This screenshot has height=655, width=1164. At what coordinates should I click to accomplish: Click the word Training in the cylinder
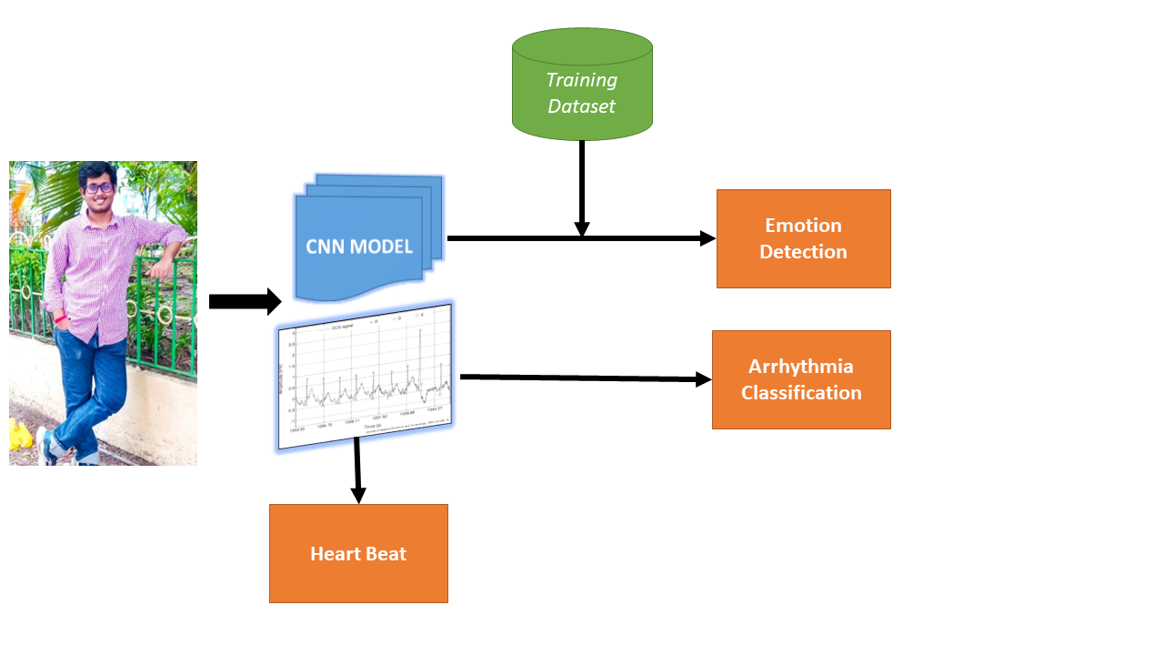click(x=582, y=80)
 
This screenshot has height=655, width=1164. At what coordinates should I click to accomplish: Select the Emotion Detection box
click(x=803, y=238)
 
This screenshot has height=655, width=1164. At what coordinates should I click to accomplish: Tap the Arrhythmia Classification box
click(x=801, y=379)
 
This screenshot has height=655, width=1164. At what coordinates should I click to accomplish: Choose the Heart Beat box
click(x=358, y=553)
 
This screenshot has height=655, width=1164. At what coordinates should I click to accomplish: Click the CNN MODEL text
click(x=359, y=246)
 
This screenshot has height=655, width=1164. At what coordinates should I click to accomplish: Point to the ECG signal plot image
click(x=366, y=376)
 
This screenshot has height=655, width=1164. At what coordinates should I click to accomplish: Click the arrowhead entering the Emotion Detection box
click(x=707, y=238)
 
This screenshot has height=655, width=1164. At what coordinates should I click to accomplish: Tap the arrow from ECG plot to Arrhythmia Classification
click(x=582, y=378)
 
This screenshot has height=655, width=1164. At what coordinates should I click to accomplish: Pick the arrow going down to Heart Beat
click(x=357, y=469)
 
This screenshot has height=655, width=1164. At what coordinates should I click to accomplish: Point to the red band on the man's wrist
click(x=61, y=320)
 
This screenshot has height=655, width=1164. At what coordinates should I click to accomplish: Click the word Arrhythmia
click(x=801, y=366)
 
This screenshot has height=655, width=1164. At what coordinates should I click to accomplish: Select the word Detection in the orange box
click(x=803, y=252)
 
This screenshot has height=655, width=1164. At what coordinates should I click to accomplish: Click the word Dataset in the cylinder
click(x=582, y=106)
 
